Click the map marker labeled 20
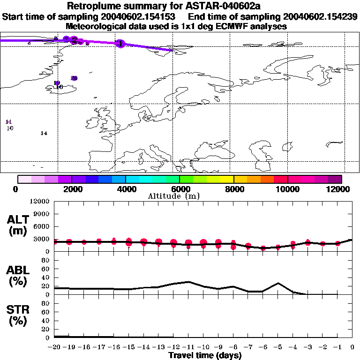[x=74, y=78]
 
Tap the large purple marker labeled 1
[x=121, y=43]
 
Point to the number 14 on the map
[x=44, y=133]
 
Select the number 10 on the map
[x=10, y=128]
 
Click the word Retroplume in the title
[x=95, y=7]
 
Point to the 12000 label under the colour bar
[x=341, y=189]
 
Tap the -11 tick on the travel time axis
[x=188, y=347]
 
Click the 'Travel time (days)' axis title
[x=205, y=355]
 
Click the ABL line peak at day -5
[x=278, y=283]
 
